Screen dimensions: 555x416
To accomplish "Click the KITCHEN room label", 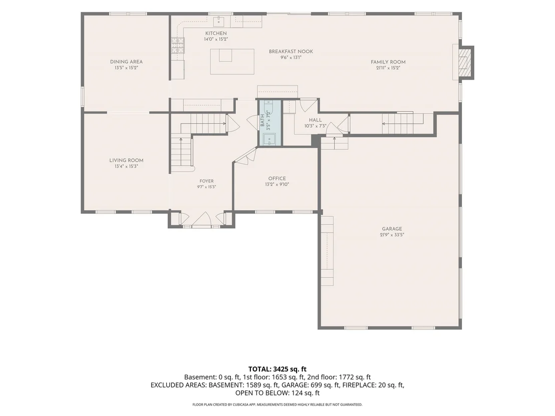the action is pos(216,33).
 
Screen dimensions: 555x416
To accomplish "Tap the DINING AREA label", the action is pos(126,62).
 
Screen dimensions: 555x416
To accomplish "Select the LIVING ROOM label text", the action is pos(126,160).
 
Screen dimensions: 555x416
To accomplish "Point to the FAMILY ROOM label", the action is pos(388,62).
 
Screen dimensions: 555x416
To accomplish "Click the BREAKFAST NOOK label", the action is pos(291,51).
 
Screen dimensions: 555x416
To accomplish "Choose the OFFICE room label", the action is pos(277,179).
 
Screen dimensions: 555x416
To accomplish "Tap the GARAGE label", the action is pos(392,229).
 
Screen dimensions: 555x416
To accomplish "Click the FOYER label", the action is pos(207,181).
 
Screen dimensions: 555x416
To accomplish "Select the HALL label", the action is pos(316,120).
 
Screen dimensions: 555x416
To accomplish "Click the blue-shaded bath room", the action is pos(270,123).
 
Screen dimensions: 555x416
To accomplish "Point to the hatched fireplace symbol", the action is pos(465,62).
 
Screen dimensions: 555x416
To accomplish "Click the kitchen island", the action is pos(232,62).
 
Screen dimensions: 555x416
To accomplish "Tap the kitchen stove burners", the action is pos(178,45).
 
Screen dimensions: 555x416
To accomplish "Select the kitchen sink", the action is pos(219,21).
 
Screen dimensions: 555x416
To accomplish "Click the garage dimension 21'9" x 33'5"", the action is pos(392,234).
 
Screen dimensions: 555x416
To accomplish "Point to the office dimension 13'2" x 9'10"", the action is pos(277,184).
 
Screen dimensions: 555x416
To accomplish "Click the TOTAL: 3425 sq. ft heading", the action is pos(277,369).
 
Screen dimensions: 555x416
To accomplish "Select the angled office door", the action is pos(245,156).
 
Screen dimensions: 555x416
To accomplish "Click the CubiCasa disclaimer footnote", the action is pos(277,404).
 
